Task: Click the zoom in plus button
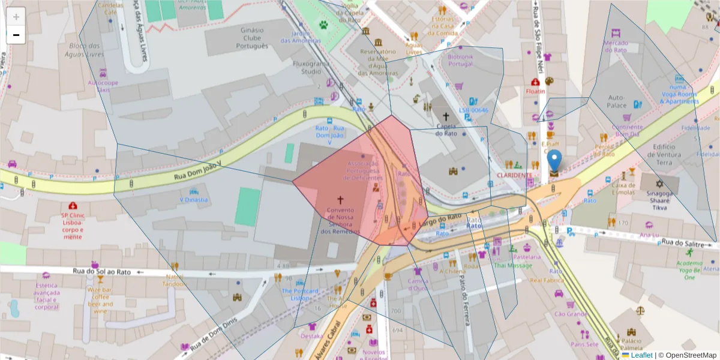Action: click(16, 17)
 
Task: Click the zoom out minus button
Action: click(16, 35)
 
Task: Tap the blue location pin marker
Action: click(555, 161)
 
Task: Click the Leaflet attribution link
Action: click(641, 355)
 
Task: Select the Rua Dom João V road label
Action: click(197, 170)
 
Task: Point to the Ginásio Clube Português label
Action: click(252, 38)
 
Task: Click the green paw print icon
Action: click(324, 25)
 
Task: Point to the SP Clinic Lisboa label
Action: click(73, 222)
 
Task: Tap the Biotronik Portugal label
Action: click(461, 60)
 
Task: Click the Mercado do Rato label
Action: click(616, 46)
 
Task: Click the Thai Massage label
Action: click(513, 265)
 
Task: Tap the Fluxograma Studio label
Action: click(311, 67)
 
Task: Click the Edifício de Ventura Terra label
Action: click(671, 154)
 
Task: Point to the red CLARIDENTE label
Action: click(514, 175)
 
